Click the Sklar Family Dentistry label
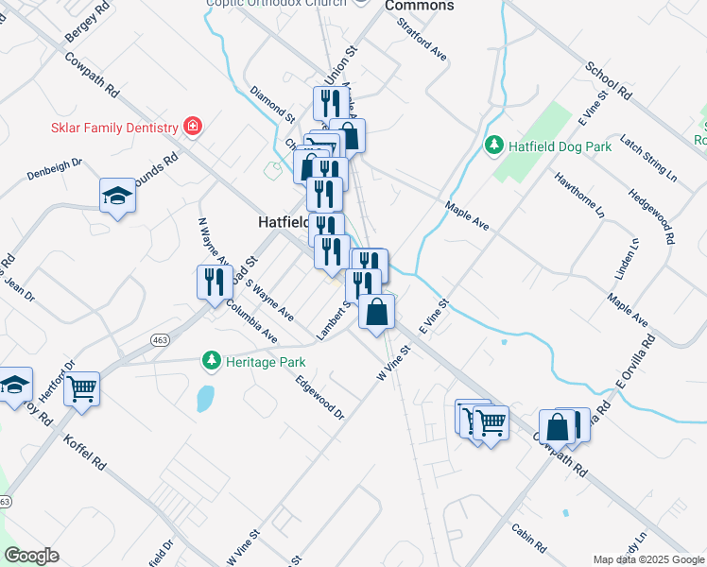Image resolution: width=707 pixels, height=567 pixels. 114,128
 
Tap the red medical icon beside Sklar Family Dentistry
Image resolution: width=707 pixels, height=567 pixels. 193,126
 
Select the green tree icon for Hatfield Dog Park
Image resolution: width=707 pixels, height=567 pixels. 492,145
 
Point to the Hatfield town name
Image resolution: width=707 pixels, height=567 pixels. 282,223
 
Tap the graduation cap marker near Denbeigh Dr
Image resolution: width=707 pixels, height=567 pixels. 117,196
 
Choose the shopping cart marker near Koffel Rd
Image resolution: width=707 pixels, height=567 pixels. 82,387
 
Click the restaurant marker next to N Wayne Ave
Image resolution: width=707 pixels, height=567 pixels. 215,281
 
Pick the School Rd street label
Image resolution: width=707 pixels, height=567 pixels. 607,81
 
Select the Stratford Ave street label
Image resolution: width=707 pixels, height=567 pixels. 422,39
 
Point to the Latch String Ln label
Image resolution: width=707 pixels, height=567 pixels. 647,160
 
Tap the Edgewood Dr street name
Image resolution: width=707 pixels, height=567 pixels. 320,397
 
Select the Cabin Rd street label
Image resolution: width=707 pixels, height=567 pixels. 528,538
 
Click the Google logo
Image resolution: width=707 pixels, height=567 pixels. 31,556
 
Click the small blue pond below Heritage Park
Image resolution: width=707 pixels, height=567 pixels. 204,398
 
